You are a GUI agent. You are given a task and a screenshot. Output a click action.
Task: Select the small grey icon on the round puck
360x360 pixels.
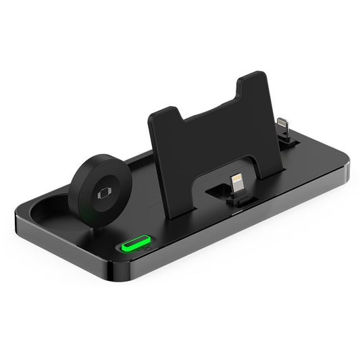point(103,192)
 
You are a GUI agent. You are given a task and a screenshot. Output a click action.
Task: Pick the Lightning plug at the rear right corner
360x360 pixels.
point(282,126)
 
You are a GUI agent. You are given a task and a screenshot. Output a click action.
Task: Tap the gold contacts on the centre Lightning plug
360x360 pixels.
point(236,180)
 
